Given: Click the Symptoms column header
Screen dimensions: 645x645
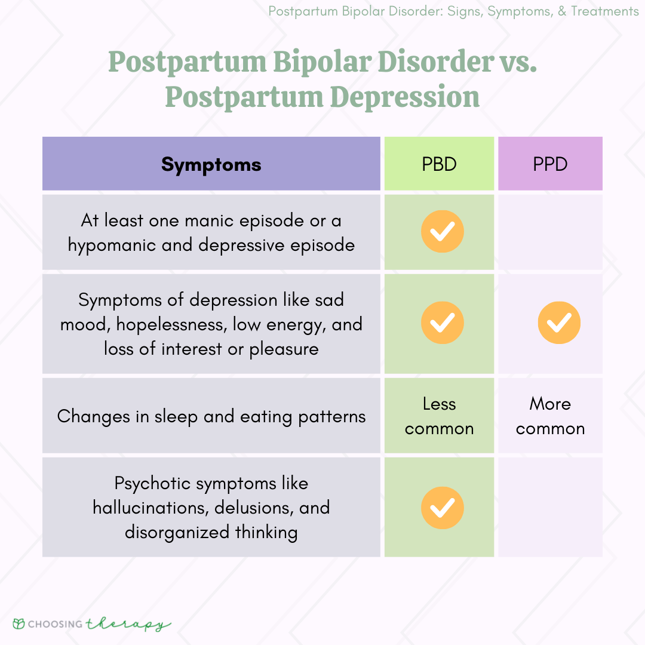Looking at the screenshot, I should [x=211, y=164].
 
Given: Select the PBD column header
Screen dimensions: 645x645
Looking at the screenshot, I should [x=439, y=164].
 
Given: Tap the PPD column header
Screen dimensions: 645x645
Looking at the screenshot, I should [x=550, y=164].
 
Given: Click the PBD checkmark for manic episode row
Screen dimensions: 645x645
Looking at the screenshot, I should [x=442, y=232].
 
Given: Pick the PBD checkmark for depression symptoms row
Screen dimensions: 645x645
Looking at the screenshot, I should [x=442, y=323].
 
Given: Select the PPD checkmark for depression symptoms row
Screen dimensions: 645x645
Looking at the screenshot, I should [x=559, y=323].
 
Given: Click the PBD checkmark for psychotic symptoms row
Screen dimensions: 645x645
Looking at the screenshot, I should [x=442, y=508].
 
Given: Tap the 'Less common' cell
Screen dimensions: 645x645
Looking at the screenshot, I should [x=439, y=416].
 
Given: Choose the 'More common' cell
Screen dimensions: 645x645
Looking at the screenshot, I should [x=550, y=416].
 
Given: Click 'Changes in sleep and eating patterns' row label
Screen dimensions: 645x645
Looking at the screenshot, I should [x=211, y=416].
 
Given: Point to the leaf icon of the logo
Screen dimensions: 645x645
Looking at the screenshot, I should [x=20, y=624].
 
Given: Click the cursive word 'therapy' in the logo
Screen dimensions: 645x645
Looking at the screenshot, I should [x=128, y=625].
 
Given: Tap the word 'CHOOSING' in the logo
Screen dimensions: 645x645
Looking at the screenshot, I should [x=57, y=625].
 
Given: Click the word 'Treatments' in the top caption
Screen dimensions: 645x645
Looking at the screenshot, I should [x=604, y=11].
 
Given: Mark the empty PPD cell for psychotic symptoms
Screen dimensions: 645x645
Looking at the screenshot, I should [x=550, y=508].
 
